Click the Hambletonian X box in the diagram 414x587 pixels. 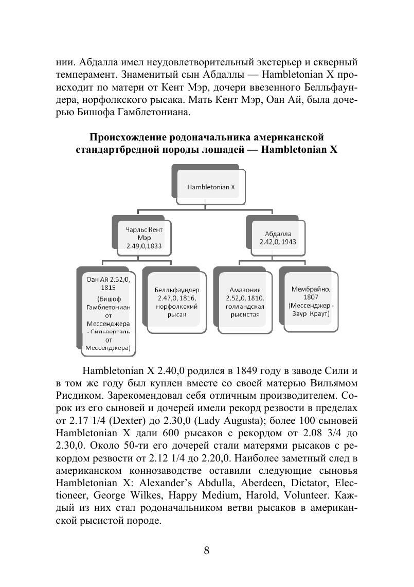pyautogui.click(x=211, y=187)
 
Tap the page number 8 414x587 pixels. pyautogui.click(x=207, y=551)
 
